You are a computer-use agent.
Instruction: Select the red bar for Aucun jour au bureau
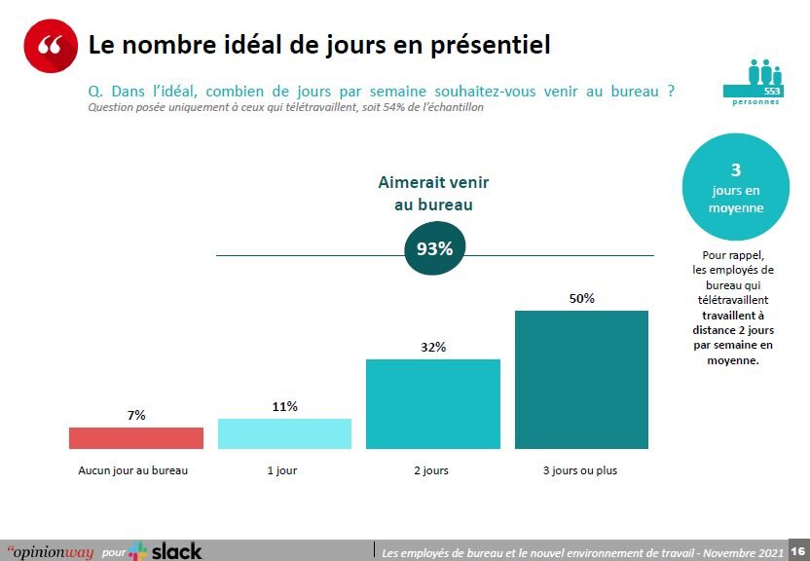136,438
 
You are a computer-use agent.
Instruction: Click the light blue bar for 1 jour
284,433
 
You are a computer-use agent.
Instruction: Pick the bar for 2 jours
433,403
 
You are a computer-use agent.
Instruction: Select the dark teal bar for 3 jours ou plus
581,380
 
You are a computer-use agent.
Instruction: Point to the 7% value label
136,415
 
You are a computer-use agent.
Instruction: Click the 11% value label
284,406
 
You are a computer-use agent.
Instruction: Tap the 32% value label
433,347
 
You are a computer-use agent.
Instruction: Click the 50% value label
581,298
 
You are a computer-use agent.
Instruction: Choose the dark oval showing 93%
434,248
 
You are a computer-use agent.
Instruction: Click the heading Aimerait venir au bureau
433,193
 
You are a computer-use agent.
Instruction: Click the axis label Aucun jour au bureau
132,470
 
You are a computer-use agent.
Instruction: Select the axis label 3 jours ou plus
580,470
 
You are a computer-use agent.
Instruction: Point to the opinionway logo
50,552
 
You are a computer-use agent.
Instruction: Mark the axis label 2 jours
431,470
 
